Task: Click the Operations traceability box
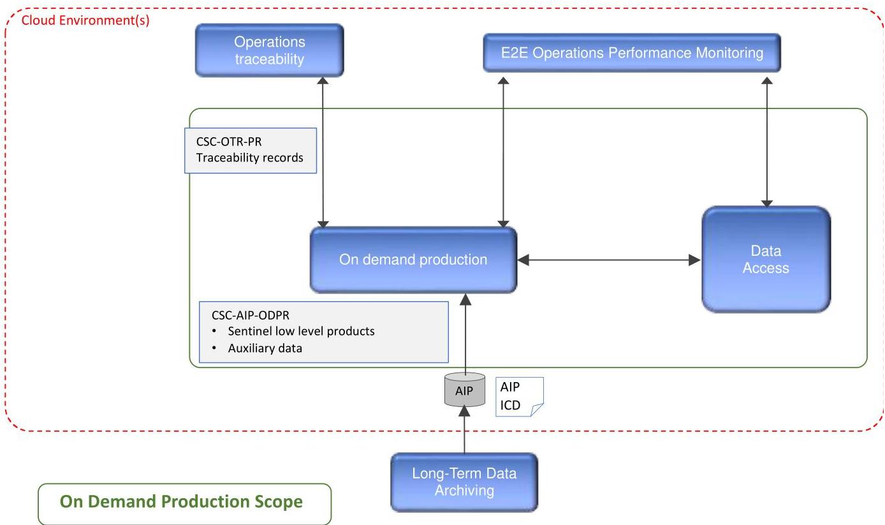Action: (x=270, y=50)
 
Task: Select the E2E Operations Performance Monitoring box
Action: (x=632, y=53)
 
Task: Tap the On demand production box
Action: (x=413, y=260)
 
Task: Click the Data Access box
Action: (x=766, y=260)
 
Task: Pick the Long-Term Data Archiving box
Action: (x=464, y=482)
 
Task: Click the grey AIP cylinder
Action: (x=465, y=390)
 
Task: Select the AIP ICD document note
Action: (x=520, y=397)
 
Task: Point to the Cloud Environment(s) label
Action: (x=85, y=20)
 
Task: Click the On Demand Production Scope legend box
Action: (x=184, y=504)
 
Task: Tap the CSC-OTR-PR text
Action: (x=229, y=142)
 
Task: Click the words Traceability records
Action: (x=250, y=158)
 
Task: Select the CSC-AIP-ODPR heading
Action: (x=251, y=315)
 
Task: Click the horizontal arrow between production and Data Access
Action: (x=609, y=260)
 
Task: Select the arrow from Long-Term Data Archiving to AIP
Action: (x=464, y=430)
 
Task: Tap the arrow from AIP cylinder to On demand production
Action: (x=466, y=334)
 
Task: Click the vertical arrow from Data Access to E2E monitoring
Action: (x=767, y=142)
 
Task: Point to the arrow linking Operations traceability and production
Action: (x=323, y=152)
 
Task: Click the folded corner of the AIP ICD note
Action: (x=536, y=410)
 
